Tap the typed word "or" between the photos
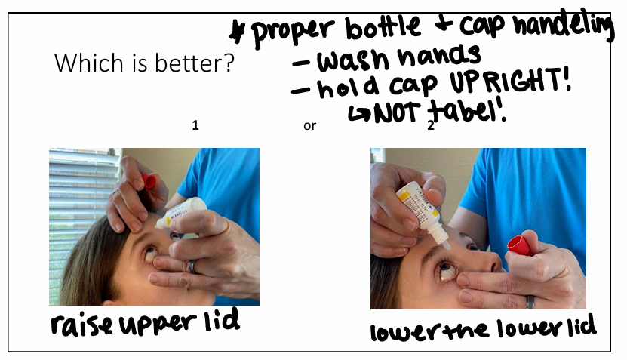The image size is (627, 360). tap(309, 126)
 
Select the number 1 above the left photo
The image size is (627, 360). tap(195, 126)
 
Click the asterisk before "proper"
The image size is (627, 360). tap(240, 32)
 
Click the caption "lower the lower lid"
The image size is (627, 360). tap(483, 330)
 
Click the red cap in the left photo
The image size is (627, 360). tap(149, 180)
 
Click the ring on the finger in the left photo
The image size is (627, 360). tap(192, 265)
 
